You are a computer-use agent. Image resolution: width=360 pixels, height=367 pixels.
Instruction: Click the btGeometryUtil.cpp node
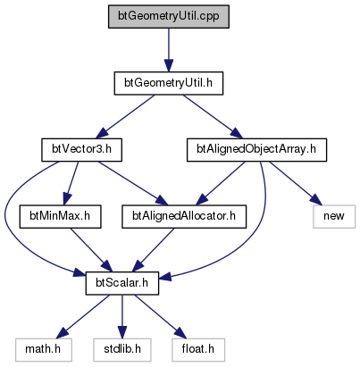pyautogui.click(x=169, y=16)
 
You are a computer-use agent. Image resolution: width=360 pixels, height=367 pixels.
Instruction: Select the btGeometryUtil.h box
pyautogui.click(x=169, y=83)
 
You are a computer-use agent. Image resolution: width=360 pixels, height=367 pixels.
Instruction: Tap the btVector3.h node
pyautogui.click(x=81, y=150)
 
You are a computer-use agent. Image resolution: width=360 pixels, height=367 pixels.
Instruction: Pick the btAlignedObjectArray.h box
pyautogui.click(x=256, y=150)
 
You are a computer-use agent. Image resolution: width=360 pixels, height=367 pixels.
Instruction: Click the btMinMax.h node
pyautogui.click(x=60, y=216)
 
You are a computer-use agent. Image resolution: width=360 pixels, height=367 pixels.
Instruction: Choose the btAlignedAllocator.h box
pyautogui.click(x=184, y=216)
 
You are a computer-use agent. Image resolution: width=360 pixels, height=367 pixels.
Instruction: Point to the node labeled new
pyautogui.click(x=334, y=216)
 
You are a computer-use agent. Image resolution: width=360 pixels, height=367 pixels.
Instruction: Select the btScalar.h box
pyautogui.click(x=122, y=283)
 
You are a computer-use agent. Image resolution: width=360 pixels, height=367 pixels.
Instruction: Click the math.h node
pyautogui.click(x=44, y=350)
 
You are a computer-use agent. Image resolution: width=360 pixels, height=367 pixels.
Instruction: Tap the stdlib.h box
pyautogui.click(x=122, y=350)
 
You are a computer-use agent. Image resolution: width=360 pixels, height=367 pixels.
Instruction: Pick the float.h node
pyautogui.click(x=198, y=350)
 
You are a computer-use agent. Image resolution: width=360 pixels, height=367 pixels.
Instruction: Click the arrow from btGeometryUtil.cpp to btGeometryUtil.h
pyautogui.click(x=169, y=50)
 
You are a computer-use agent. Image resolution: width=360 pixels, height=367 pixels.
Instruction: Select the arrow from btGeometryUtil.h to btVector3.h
pyautogui.click(x=127, y=116)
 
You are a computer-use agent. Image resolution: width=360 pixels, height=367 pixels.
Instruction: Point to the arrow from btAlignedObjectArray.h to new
pyautogui.click(x=296, y=183)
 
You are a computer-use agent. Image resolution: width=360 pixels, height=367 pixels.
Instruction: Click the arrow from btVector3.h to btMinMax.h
pyautogui.click(x=71, y=183)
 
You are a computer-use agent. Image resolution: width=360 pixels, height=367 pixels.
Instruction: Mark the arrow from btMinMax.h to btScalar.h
pyautogui.click(x=90, y=250)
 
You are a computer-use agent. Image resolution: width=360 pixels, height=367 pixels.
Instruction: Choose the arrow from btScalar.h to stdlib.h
pyautogui.click(x=122, y=317)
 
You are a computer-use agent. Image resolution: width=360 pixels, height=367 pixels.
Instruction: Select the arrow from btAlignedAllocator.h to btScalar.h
pyautogui.click(x=153, y=250)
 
